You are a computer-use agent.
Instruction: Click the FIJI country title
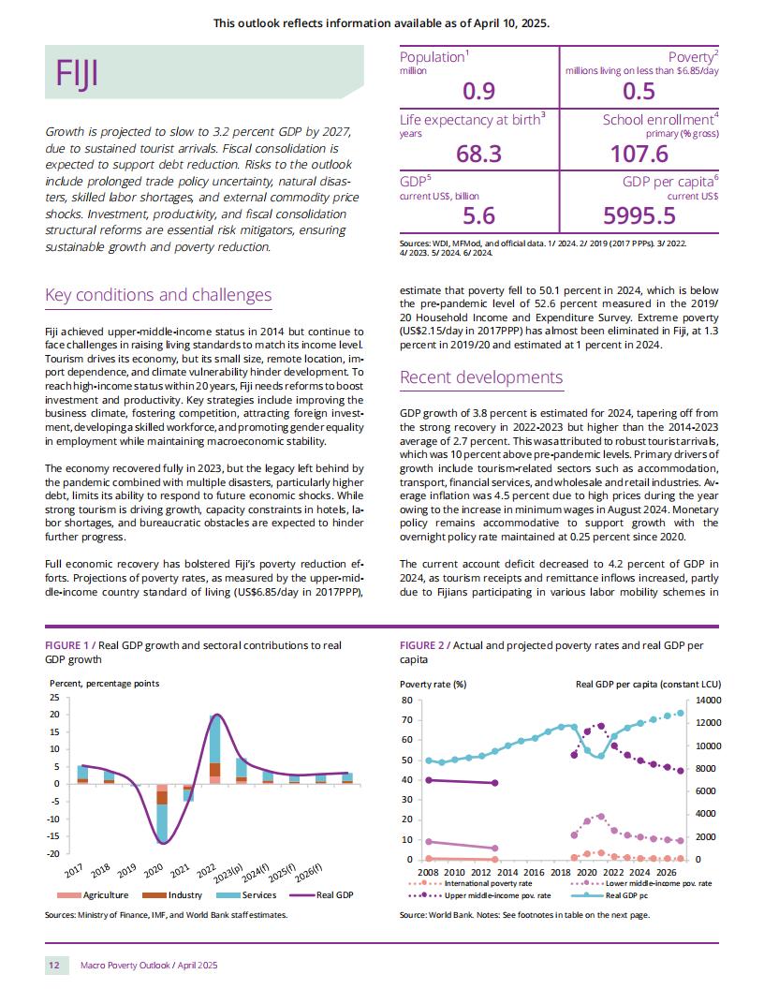[77, 73]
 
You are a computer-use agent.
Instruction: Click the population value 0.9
[479, 92]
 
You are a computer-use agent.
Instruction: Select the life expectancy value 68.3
[479, 154]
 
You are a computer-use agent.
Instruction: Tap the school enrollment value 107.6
[639, 154]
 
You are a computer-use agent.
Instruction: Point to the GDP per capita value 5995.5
[639, 215]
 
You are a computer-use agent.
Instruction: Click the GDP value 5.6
[479, 215]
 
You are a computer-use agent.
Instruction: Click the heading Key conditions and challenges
[158, 295]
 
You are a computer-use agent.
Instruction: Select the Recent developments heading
[481, 377]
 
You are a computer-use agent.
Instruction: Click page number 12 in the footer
[54, 965]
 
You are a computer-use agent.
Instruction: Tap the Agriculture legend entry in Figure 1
[93, 895]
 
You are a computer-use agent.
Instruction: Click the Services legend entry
[246, 895]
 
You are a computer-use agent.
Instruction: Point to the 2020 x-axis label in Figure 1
[154, 872]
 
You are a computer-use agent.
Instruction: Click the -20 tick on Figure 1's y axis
[53, 853]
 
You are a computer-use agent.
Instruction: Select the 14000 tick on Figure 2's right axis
[708, 701]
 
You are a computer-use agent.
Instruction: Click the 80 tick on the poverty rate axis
[406, 701]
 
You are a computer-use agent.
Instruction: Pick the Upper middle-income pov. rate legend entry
[479, 895]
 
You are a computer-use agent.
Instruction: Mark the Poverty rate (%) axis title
[433, 685]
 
